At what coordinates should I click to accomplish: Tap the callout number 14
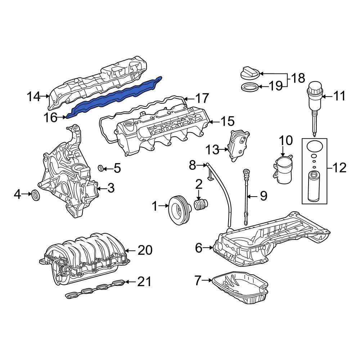[34, 96]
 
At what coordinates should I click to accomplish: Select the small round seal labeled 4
[36, 195]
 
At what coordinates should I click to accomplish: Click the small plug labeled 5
[101, 167]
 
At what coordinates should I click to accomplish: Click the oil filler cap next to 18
[249, 73]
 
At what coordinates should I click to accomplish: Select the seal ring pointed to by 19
[249, 87]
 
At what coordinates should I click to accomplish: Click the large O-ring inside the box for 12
[314, 146]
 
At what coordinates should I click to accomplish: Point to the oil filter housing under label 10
[283, 169]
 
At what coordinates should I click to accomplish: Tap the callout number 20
[145, 250]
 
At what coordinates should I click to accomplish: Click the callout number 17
[202, 98]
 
